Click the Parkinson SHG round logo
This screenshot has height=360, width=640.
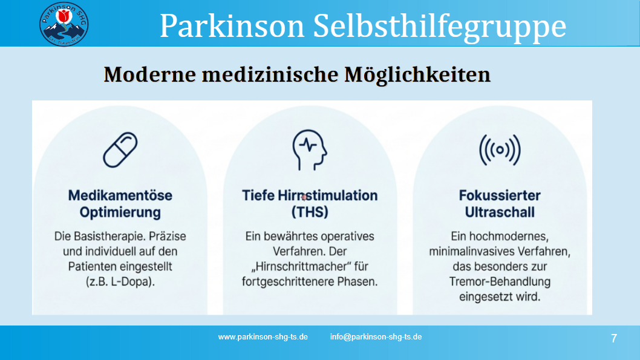tap(64, 24)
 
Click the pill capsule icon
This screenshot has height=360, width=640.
tap(120, 150)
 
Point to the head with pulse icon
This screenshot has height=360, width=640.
tap(309, 150)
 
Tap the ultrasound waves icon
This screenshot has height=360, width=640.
tap(500, 150)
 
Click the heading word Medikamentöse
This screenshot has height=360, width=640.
tap(120, 195)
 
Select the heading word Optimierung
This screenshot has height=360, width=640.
tap(120, 212)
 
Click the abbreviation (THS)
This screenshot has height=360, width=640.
tap(309, 212)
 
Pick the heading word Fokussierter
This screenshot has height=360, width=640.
tap(500, 195)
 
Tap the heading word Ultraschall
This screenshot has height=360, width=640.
tap(500, 212)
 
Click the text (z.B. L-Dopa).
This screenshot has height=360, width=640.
tap(120, 281)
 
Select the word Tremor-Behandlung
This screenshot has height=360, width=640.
tap(500, 281)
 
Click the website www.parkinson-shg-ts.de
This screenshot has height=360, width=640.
tap(263, 337)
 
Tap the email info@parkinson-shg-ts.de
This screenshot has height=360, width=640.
tap(376, 337)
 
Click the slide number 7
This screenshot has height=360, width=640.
tap(614, 338)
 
